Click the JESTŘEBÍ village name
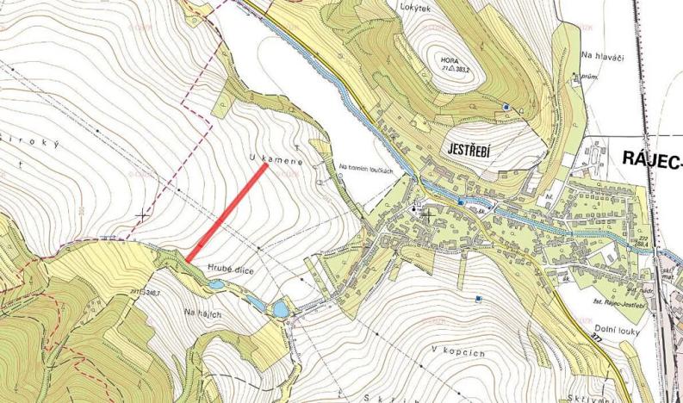click(x=469, y=151)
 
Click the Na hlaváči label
click(x=601, y=55)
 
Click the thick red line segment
click(x=227, y=211)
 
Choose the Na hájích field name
click(x=203, y=313)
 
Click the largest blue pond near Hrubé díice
click(x=280, y=308)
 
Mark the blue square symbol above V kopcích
click(x=478, y=299)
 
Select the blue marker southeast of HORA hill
click(x=506, y=107)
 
